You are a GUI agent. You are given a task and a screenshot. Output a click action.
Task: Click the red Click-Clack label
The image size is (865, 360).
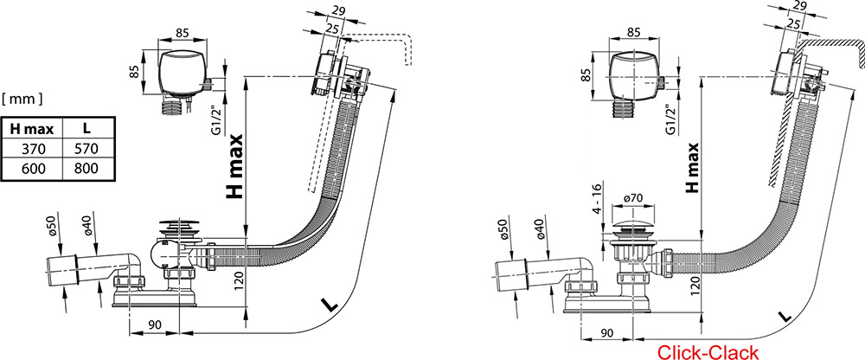[x=708, y=351]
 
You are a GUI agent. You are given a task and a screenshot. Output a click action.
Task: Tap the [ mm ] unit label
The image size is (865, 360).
[x=23, y=100]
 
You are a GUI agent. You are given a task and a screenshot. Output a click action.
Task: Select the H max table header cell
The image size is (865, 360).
[x=31, y=129]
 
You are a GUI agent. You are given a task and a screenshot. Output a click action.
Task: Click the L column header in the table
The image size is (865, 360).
[x=86, y=129]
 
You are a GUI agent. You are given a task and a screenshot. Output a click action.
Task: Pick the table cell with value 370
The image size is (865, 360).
[x=31, y=149]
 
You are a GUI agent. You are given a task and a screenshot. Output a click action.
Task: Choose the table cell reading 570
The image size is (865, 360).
[x=86, y=149]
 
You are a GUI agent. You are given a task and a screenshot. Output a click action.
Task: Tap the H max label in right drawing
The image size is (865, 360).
[x=693, y=165]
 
